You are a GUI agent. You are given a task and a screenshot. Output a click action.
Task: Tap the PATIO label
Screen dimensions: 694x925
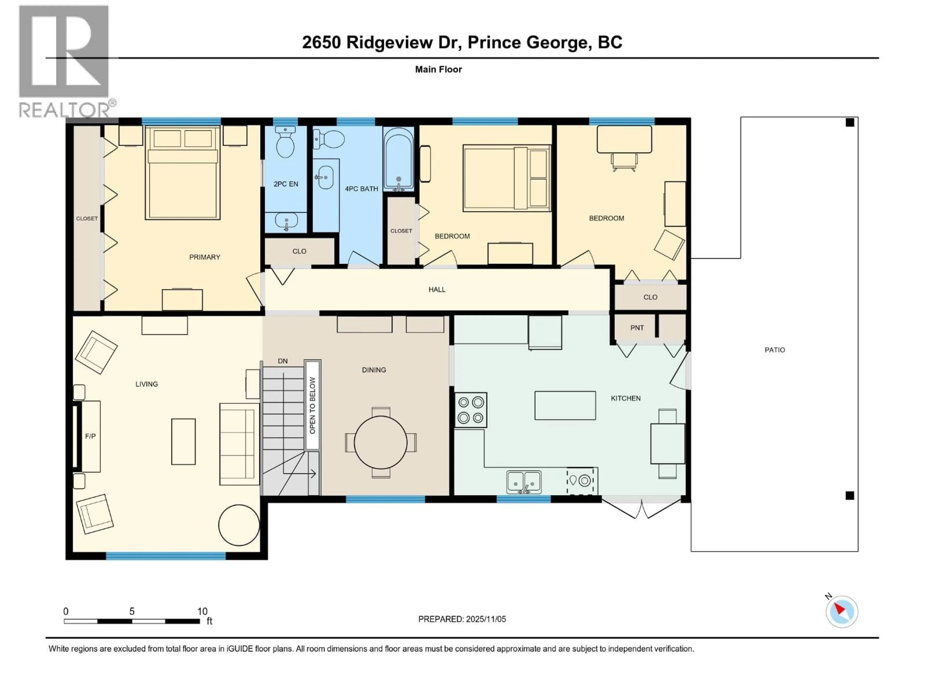(x=774, y=350)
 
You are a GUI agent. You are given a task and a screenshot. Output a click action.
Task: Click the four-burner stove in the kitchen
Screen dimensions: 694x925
(x=470, y=410)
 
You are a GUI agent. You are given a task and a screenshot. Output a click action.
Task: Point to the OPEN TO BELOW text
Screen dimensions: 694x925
(x=312, y=405)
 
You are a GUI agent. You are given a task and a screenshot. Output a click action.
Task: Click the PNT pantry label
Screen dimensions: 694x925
(x=637, y=327)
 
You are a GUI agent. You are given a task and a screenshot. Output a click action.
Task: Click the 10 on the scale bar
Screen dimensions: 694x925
(x=202, y=611)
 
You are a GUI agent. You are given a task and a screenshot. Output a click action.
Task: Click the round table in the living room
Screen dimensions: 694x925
(x=239, y=525)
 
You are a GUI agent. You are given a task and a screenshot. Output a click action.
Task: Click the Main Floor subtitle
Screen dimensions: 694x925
(x=438, y=69)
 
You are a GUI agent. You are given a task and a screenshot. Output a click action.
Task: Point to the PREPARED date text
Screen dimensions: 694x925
(x=462, y=619)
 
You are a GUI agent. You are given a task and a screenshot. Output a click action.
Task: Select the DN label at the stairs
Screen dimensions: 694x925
(x=283, y=360)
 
